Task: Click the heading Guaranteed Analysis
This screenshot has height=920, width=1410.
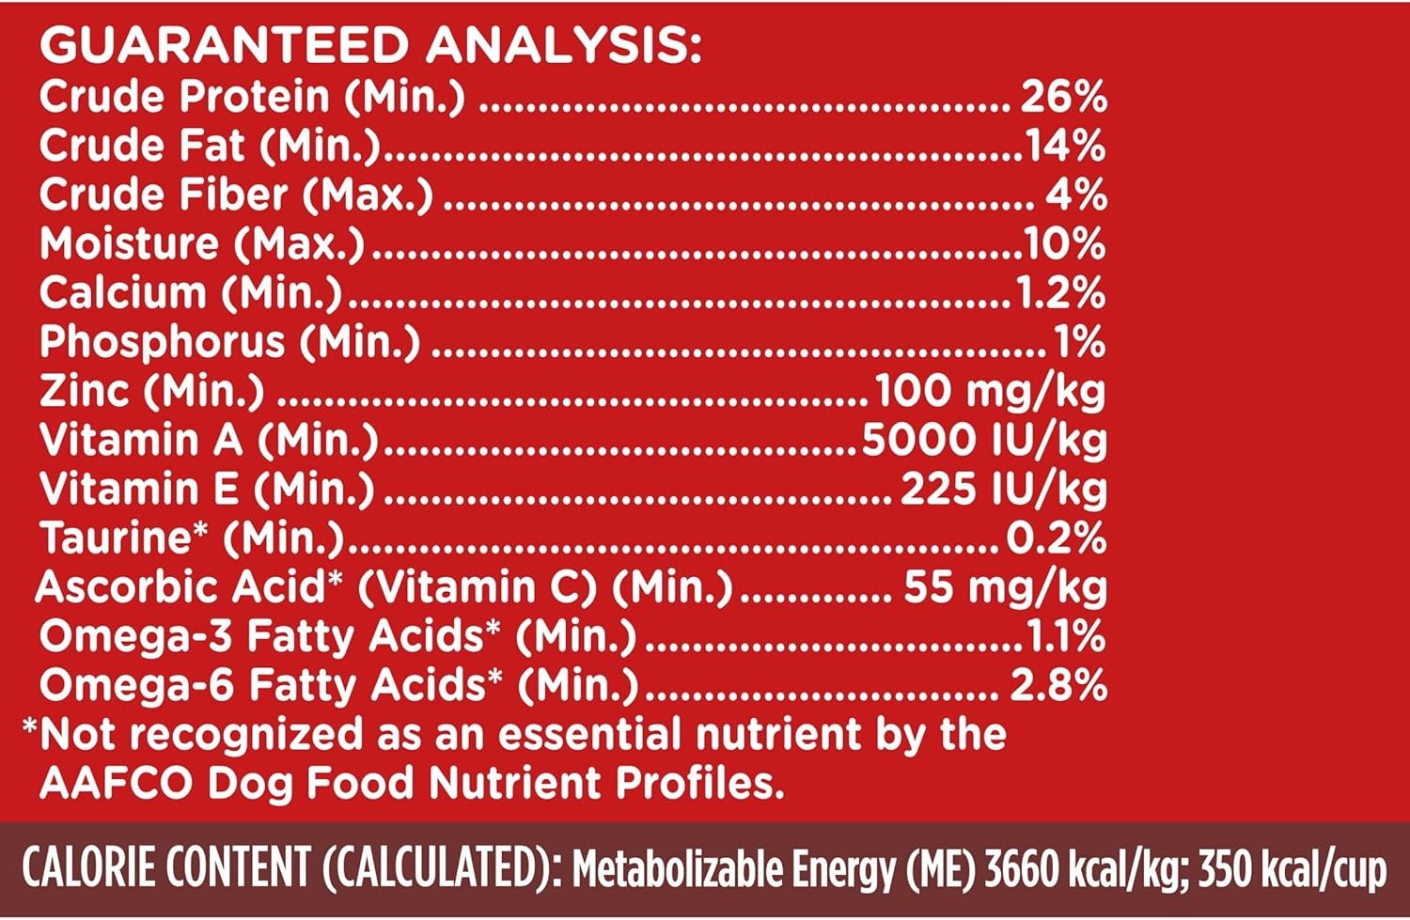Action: pos(370,45)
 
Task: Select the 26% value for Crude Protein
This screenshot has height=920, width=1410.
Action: pos(1063,97)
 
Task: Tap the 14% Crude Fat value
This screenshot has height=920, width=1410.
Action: pos(1065,146)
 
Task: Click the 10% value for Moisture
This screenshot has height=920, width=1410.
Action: pos(1065,244)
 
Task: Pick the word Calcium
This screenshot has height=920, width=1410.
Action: pos(122,293)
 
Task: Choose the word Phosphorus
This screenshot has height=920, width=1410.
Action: pos(162,342)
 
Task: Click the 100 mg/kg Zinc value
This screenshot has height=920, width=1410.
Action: pos(990,391)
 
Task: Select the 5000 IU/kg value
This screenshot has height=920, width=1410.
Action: pos(984,440)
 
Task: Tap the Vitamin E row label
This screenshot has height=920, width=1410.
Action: pos(206,489)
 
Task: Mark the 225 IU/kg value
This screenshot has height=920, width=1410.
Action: pos(1003,489)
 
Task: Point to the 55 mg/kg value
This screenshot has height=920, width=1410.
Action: pos(1005,587)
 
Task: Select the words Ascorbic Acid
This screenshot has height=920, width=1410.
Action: pos(181,587)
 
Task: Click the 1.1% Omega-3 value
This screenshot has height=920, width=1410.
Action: pos(1065,637)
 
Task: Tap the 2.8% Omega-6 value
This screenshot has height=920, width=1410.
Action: pos(1058,686)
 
